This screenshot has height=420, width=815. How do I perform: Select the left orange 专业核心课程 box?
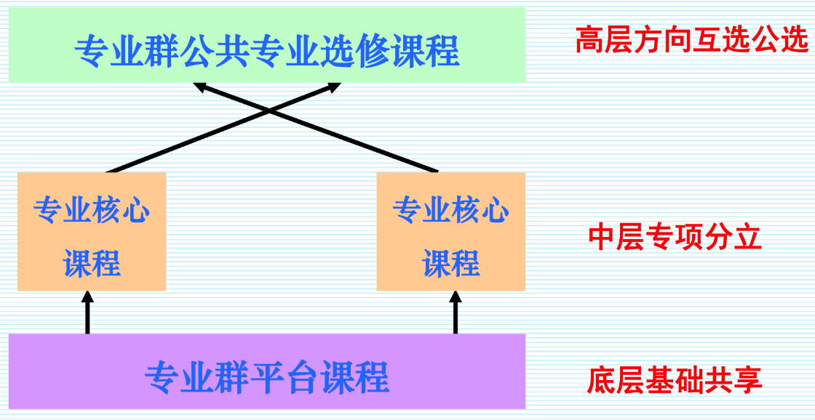(92, 232)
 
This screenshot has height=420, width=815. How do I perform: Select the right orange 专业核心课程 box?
(450, 232)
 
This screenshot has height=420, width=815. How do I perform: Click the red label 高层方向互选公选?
(691, 41)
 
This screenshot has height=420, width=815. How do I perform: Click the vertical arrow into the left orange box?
(87, 314)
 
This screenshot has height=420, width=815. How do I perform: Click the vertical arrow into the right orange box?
(456, 314)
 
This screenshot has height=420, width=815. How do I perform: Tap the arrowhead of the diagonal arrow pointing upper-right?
(333, 86)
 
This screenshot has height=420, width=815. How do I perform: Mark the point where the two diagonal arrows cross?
(269, 110)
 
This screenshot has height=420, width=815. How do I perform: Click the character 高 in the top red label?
(589, 41)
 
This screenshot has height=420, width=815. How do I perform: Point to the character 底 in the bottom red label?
(601, 380)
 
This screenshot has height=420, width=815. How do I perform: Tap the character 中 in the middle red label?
(602, 238)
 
